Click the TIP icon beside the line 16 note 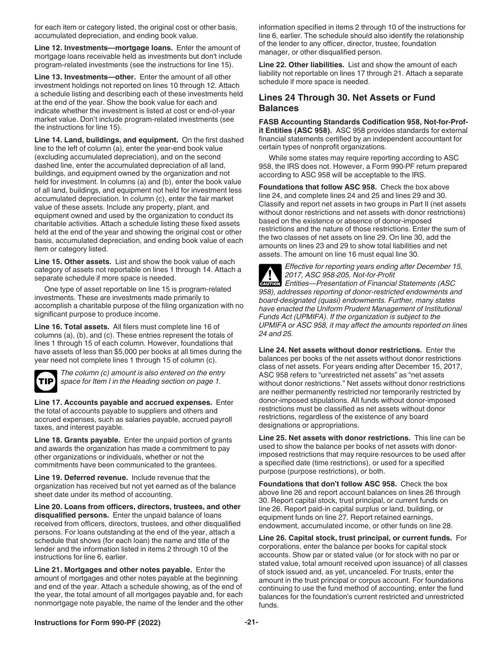46,381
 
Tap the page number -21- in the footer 251,622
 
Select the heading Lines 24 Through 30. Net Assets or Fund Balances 347,103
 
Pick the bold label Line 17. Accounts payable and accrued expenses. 123,402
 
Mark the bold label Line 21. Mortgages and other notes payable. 113,569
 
